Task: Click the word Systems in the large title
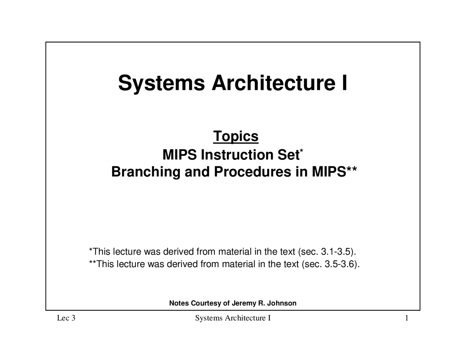point(161,83)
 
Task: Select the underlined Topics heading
point(236,136)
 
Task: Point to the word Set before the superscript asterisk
point(288,155)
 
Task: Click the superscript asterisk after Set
point(301,150)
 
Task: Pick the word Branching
point(146,172)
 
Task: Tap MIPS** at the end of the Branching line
point(334,172)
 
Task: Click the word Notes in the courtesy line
point(179,303)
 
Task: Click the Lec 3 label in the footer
point(66,319)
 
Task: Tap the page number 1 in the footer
point(406,319)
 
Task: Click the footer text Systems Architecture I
point(233,319)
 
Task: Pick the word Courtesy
point(206,303)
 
